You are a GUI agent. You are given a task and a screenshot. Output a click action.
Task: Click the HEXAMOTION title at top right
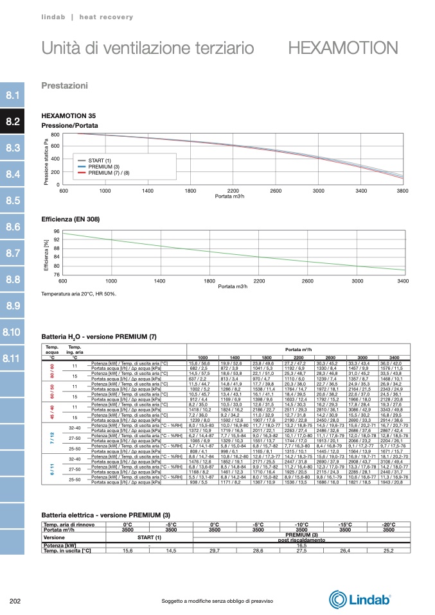[x=343, y=48]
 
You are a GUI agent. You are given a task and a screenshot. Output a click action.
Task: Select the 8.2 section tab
[x=12, y=121]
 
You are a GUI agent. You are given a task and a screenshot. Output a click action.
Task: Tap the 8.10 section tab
[x=12, y=332]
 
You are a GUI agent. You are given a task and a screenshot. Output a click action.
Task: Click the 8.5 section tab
[x=12, y=200]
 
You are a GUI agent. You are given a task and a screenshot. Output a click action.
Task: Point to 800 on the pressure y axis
[x=55, y=134]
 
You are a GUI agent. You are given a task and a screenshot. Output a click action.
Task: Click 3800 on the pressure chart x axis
[x=403, y=191]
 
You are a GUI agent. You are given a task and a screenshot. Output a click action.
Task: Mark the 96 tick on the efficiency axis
[x=57, y=232]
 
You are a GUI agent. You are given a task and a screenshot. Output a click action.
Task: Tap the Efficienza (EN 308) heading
[x=70, y=220]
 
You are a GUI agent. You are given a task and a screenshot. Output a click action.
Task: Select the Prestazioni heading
[x=64, y=85]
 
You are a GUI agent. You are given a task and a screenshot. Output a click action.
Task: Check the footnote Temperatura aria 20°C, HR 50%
[x=78, y=293]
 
